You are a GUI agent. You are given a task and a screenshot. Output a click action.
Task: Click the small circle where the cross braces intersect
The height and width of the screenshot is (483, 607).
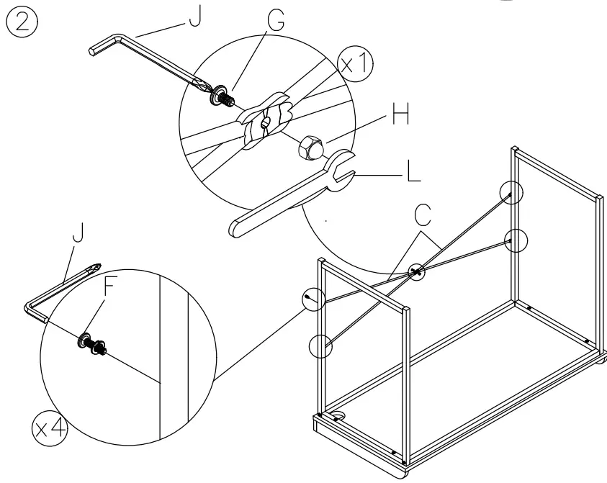click(415, 272)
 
